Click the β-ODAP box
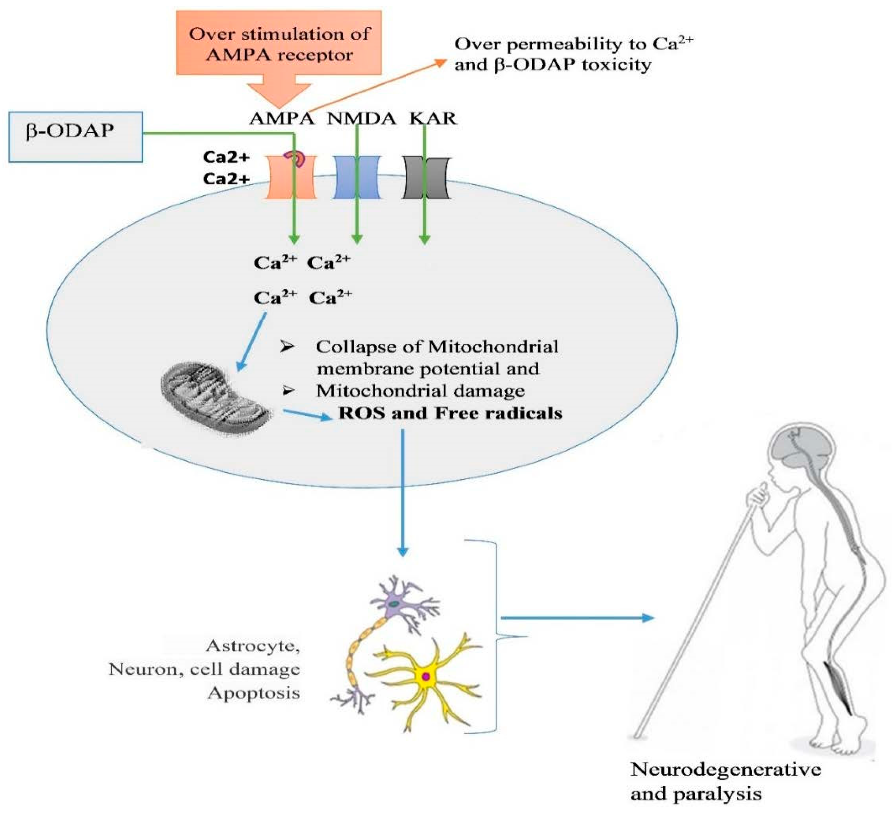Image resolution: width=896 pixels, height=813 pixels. [76, 137]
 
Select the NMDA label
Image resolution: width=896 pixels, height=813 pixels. [361, 118]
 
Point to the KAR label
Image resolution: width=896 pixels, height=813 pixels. [433, 118]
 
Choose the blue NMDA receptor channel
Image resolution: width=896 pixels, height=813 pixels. [357, 177]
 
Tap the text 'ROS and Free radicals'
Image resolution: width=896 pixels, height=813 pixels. [450, 413]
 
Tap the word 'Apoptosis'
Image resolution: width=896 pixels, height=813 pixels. [254, 693]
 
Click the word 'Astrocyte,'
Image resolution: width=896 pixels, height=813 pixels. [253, 645]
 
